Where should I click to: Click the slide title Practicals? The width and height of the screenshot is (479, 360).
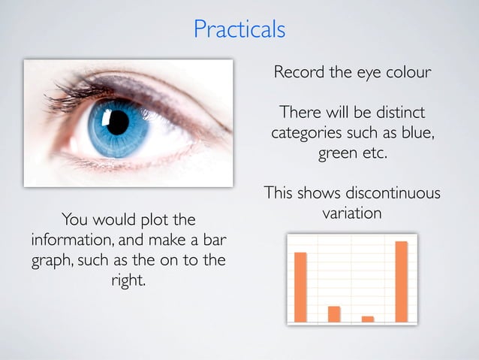click(239, 29)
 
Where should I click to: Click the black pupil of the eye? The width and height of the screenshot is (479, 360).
click(118, 122)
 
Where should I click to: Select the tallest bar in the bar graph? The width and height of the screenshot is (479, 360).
click(401, 281)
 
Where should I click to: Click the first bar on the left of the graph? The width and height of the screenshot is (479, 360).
click(300, 286)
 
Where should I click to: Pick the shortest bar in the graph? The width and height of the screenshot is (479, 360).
click(367, 319)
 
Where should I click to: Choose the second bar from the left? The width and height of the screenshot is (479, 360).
click(334, 313)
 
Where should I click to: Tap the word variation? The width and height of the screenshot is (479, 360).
click(351, 214)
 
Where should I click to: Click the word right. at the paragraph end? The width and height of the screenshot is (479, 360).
click(128, 283)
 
